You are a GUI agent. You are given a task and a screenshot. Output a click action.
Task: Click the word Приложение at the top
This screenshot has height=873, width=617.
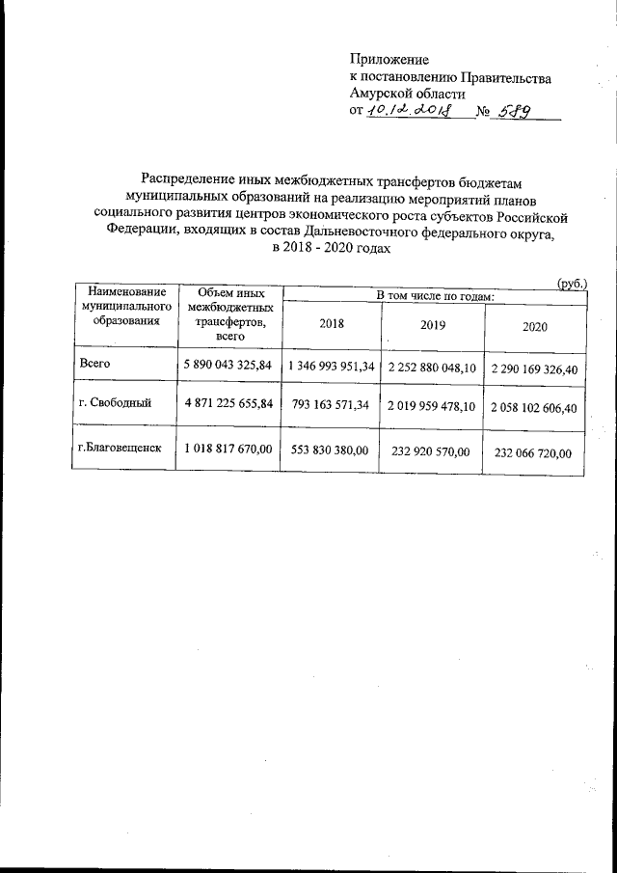click(389, 60)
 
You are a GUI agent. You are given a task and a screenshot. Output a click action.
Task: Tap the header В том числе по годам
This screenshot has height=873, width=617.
click(434, 294)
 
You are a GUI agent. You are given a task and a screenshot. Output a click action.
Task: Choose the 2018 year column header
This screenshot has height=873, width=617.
click(331, 326)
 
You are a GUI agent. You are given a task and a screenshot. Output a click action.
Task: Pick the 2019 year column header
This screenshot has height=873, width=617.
click(433, 326)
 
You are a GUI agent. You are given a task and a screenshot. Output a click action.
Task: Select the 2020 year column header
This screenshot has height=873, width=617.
click(535, 327)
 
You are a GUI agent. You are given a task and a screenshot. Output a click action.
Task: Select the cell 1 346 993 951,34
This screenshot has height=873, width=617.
click(331, 367)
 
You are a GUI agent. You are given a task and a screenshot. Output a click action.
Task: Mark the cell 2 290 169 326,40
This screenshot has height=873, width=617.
click(535, 368)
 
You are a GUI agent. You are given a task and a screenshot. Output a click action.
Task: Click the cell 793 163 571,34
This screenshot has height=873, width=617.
click(331, 407)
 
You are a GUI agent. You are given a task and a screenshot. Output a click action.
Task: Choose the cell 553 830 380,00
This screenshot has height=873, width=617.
click(331, 450)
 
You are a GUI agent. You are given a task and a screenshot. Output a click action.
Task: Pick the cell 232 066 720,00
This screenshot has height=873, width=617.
click(535, 451)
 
